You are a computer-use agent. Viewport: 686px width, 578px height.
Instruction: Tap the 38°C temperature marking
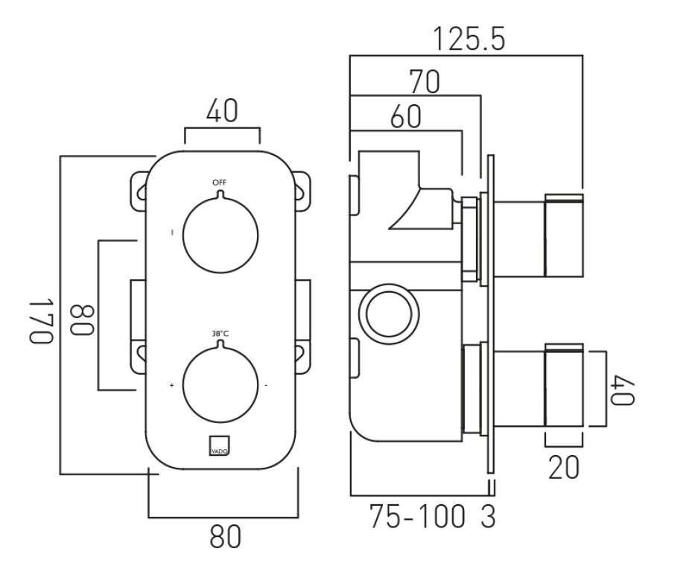click(x=219, y=334)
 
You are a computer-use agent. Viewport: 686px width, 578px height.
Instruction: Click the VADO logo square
click(x=219, y=444)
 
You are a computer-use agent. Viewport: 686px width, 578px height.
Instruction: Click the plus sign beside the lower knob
click(x=172, y=386)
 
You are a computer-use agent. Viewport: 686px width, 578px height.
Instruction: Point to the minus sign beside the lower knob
click(x=266, y=386)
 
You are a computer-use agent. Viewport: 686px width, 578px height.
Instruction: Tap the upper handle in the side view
click(x=564, y=234)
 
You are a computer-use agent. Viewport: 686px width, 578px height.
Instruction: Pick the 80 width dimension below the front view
click(x=223, y=538)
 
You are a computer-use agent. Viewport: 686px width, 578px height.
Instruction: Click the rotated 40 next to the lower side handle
click(x=623, y=389)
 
